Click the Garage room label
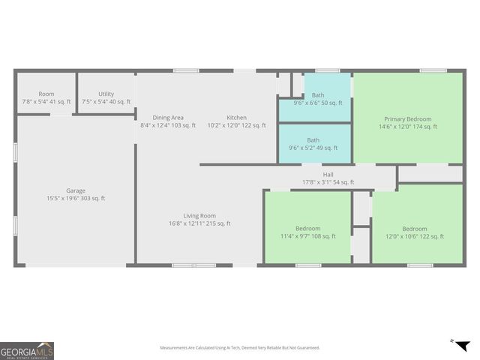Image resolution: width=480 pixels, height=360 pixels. click(x=75, y=190)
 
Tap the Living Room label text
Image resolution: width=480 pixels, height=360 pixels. click(x=199, y=215)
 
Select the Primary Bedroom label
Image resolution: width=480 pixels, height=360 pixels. click(x=408, y=119)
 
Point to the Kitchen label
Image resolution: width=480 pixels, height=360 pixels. click(x=237, y=118)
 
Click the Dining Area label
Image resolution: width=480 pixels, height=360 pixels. click(x=168, y=118)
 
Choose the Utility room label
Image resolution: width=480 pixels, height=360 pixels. click(x=106, y=94)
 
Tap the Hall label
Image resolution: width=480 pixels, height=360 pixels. click(x=328, y=174)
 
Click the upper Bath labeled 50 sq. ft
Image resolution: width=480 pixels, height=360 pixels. click(x=318, y=95)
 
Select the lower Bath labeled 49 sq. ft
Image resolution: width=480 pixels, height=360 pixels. click(x=313, y=139)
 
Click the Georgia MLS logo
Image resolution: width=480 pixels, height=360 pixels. click(x=27, y=351)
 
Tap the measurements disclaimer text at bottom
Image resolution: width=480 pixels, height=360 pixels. click(x=240, y=348)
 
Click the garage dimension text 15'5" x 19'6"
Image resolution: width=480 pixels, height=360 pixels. click(x=76, y=199)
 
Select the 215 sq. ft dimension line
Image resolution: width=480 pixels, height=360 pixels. click(x=199, y=223)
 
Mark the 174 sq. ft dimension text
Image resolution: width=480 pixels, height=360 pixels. click(x=408, y=127)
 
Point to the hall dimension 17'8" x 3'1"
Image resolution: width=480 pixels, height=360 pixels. click(x=328, y=182)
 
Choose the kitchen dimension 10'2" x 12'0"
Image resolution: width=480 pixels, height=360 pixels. click(x=237, y=126)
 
